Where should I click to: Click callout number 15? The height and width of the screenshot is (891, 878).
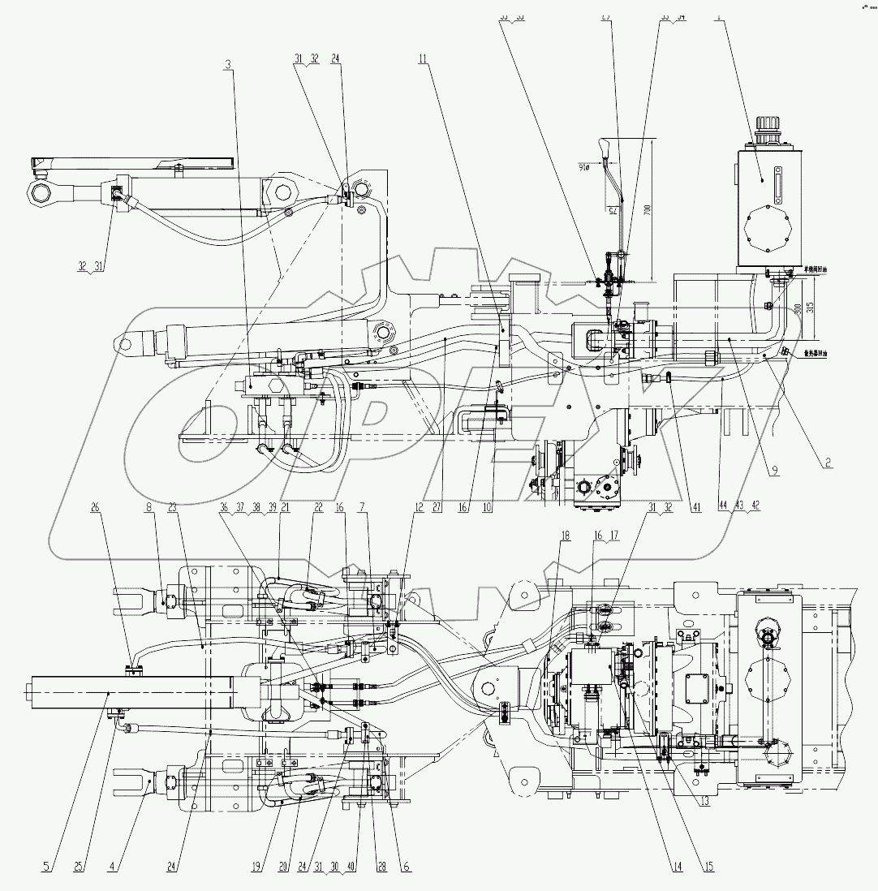pos(708,866)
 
